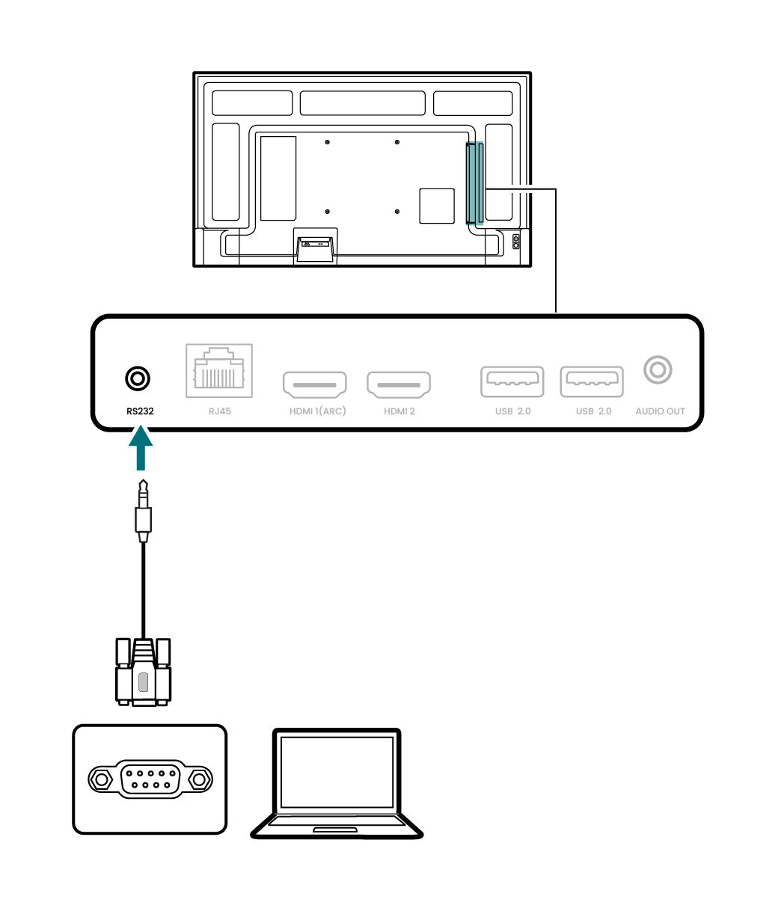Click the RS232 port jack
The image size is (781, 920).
(x=137, y=379)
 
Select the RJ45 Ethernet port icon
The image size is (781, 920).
(x=218, y=371)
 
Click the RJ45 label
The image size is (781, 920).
(x=218, y=411)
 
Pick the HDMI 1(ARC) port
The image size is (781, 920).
(x=314, y=384)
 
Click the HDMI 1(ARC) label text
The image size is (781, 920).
(x=317, y=411)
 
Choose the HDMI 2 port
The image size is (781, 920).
(x=399, y=384)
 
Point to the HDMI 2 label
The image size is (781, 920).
(x=399, y=411)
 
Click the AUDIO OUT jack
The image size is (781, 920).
(x=658, y=369)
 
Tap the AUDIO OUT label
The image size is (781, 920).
(x=660, y=411)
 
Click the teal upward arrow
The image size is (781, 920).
(x=140, y=448)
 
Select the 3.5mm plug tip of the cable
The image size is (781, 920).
(x=141, y=494)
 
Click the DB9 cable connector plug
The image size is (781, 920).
(x=143, y=672)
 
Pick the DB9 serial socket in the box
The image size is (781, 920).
(x=150, y=779)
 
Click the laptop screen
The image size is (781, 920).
(x=336, y=773)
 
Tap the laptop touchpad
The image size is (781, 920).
(x=334, y=829)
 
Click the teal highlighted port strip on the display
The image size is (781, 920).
(x=474, y=184)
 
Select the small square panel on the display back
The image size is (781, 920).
(x=437, y=206)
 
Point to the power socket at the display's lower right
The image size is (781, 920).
(x=515, y=242)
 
